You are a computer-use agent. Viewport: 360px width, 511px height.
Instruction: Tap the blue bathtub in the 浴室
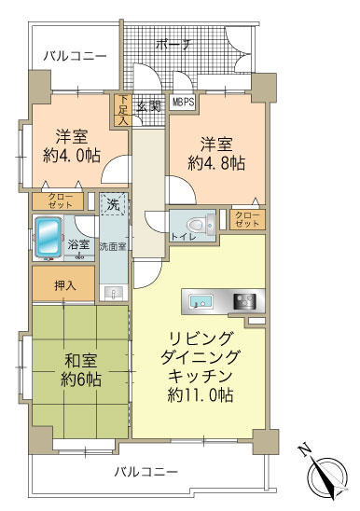pos(48,237)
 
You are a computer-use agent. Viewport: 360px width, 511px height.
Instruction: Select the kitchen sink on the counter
pos(201,301)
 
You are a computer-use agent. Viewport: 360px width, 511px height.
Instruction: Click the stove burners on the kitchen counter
pos(245,301)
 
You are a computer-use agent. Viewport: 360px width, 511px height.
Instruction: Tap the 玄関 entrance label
pos(149,105)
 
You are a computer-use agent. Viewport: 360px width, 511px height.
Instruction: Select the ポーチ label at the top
pos(173,43)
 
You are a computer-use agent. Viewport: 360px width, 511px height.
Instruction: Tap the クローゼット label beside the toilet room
pos(247,220)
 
